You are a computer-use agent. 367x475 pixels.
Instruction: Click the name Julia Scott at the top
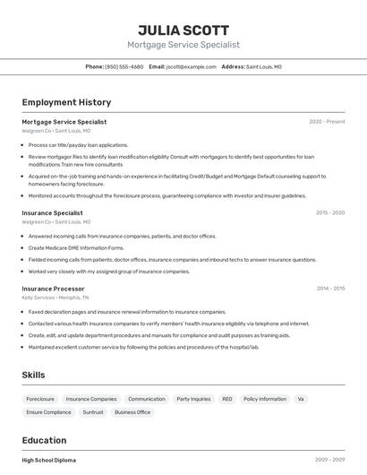pos(183,30)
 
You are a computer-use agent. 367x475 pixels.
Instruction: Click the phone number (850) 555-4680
pos(124,66)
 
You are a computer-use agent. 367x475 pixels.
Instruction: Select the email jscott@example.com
pos(191,66)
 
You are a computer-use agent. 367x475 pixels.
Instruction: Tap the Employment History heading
pos(66,102)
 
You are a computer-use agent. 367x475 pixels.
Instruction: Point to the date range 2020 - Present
pos(327,122)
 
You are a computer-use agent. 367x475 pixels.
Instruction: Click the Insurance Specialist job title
pos(52,213)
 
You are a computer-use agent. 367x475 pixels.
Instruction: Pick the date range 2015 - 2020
pos(330,213)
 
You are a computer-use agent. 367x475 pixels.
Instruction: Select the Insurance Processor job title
pos(53,289)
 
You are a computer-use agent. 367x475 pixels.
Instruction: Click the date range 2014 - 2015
pos(330,289)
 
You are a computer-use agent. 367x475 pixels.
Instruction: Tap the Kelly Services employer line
pos(55,298)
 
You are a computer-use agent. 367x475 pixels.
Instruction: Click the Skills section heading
pos(33,375)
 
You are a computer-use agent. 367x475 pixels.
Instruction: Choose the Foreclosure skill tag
pos(40,399)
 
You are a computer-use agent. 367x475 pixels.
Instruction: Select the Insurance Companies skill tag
pos(91,399)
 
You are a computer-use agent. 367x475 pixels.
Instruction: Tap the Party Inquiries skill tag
pos(193,399)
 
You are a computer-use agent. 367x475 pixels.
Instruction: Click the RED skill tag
pos(227,399)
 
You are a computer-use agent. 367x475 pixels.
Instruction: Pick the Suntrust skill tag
pos(93,412)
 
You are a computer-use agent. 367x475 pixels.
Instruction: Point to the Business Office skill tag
pos(132,412)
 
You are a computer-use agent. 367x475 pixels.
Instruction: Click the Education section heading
pos(44,440)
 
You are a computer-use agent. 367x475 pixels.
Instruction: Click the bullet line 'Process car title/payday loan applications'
pos(79,144)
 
